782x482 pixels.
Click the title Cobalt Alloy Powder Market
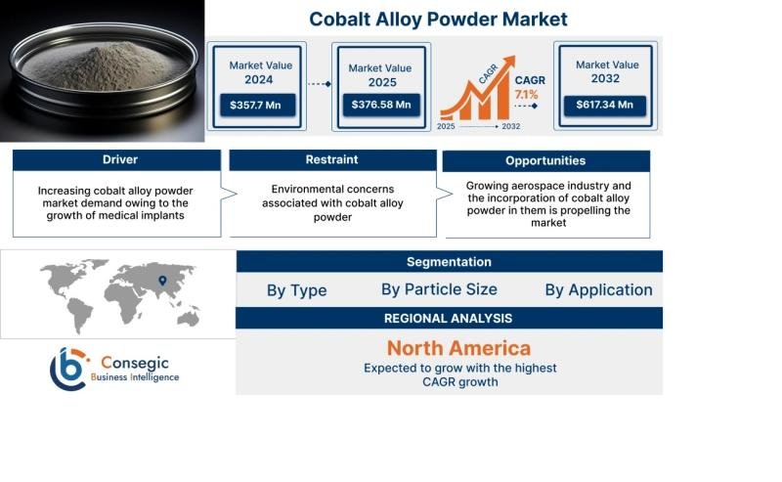point(438,20)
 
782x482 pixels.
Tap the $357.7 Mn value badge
point(257,106)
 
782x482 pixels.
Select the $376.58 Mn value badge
point(381,105)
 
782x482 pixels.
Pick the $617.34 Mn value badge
point(604,105)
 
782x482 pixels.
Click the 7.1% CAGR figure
point(526,94)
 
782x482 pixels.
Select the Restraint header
point(332,159)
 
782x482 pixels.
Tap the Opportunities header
point(545,160)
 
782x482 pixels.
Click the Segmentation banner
point(450,261)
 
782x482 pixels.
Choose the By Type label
point(297,290)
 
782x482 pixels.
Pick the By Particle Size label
point(439,289)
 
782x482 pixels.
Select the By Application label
point(598,290)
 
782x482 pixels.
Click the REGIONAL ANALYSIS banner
point(449,319)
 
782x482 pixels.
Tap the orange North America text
point(458,348)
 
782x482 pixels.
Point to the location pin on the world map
point(162,281)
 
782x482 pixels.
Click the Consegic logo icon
point(68,370)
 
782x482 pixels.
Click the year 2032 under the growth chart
point(510,127)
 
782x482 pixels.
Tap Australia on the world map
point(189,318)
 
